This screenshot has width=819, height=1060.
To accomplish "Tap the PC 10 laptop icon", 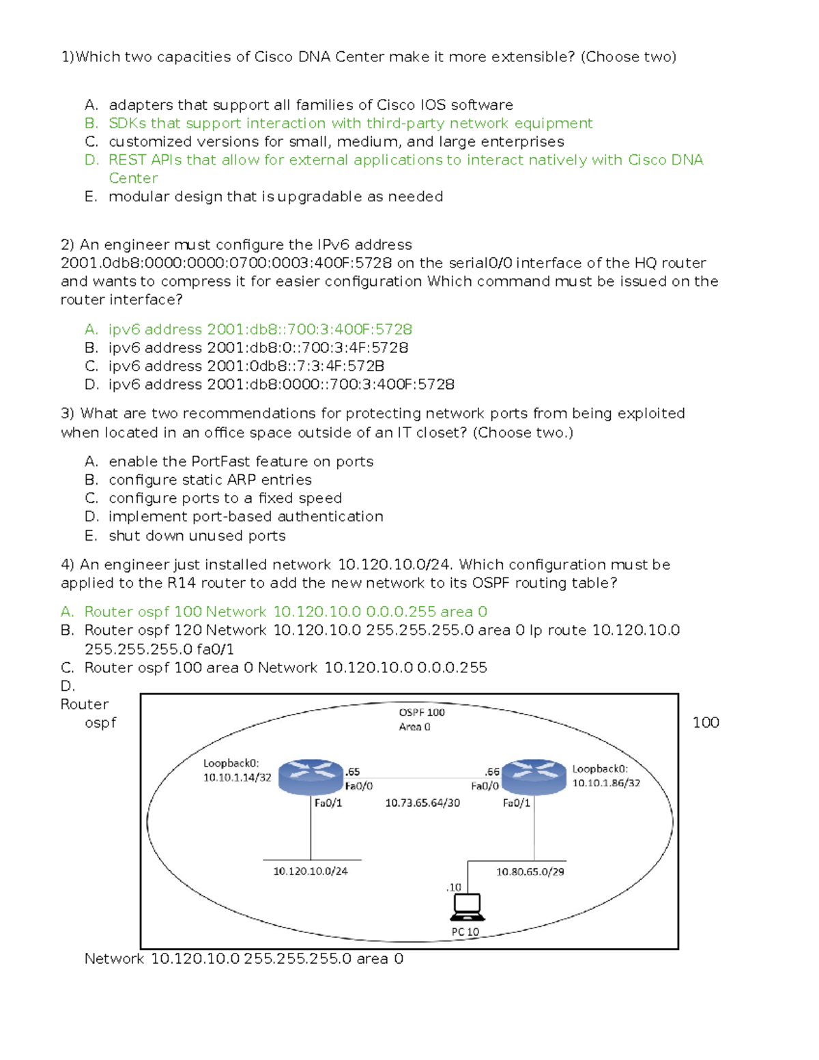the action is [x=468, y=907].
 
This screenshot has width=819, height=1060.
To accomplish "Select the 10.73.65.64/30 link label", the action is [x=422, y=803].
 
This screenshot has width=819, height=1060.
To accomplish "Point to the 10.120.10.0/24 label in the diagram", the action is [x=311, y=871].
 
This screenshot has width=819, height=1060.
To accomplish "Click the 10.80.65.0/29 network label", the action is [x=530, y=872].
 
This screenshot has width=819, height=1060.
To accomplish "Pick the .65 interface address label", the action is [x=352, y=772].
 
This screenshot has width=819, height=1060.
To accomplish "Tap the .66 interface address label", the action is [x=492, y=772].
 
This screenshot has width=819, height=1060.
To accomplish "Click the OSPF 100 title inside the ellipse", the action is [x=422, y=713].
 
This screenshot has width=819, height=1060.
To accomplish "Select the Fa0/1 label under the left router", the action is [x=328, y=803].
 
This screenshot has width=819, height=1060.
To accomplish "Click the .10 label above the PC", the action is [x=454, y=887].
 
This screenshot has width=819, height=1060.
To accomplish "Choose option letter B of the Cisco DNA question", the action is [x=91, y=124].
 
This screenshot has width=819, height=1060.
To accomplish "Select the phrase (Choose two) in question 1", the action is [x=628, y=57].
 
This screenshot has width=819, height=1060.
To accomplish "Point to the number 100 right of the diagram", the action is [x=706, y=723].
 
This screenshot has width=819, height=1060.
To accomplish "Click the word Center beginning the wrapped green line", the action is [x=133, y=178].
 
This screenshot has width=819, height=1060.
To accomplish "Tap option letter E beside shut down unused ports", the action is [x=91, y=536].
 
